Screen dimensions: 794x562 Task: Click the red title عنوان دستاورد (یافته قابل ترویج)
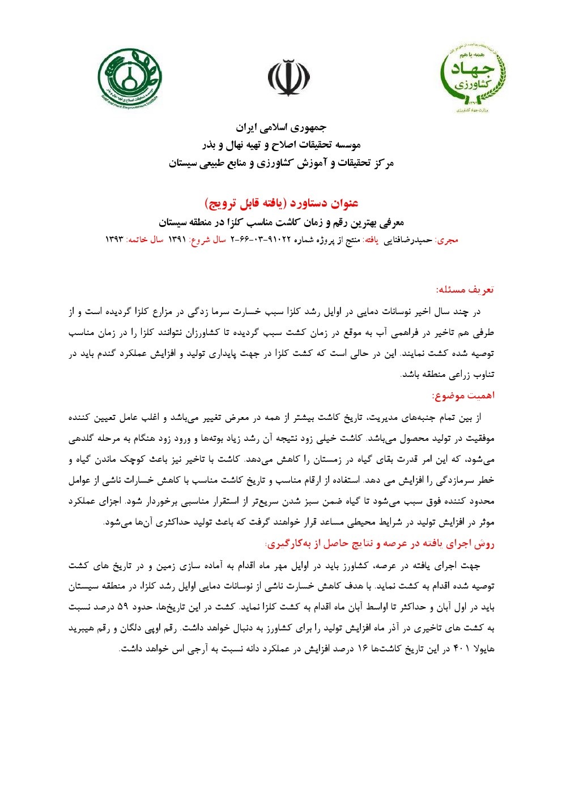(281, 203)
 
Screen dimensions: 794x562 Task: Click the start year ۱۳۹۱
(177, 239)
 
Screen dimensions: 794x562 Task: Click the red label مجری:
(448, 240)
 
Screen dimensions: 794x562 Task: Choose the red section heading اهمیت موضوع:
(463, 395)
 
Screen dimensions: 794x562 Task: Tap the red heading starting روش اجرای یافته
(380, 543)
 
